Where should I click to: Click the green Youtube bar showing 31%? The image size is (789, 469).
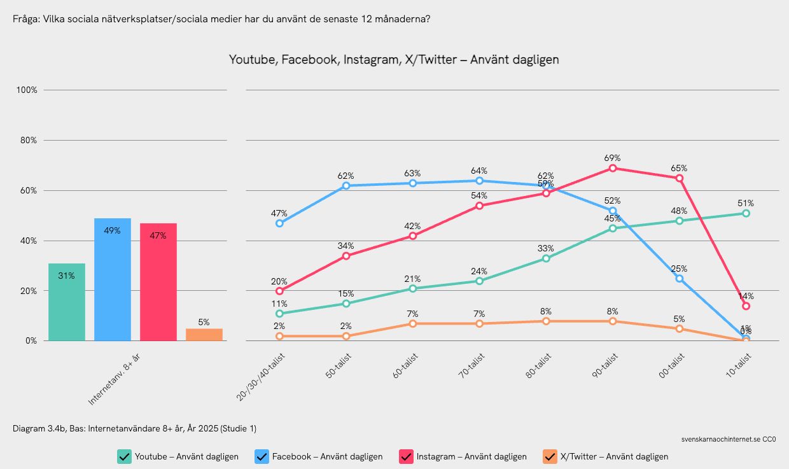pos(67,302)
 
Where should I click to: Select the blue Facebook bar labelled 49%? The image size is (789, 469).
pos(113,280)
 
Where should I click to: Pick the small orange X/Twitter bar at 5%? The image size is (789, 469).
pos(204,335)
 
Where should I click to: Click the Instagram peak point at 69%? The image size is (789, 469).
pos(613,168)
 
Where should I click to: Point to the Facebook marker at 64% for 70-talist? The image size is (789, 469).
pos(479,181)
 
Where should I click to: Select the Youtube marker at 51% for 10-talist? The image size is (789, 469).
pos(746,213)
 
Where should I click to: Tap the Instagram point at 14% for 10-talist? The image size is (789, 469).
pos(746,306)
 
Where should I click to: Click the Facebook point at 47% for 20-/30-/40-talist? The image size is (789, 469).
pos(279,223)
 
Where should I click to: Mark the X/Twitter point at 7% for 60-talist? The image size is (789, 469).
pos(412,324)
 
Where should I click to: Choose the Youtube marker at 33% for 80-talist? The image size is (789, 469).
pos(546,258)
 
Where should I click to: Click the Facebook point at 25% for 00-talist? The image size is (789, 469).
pos(680,278)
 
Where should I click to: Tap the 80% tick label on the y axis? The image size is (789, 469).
pos(27,140)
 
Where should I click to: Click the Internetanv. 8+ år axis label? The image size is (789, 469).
pos(114,380)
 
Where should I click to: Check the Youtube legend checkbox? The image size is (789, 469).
pos(124,456)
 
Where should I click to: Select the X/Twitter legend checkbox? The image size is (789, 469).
pos(550,456)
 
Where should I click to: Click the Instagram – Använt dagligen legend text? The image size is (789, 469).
pos(471,456)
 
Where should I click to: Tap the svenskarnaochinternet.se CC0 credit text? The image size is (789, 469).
pos(728,439)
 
